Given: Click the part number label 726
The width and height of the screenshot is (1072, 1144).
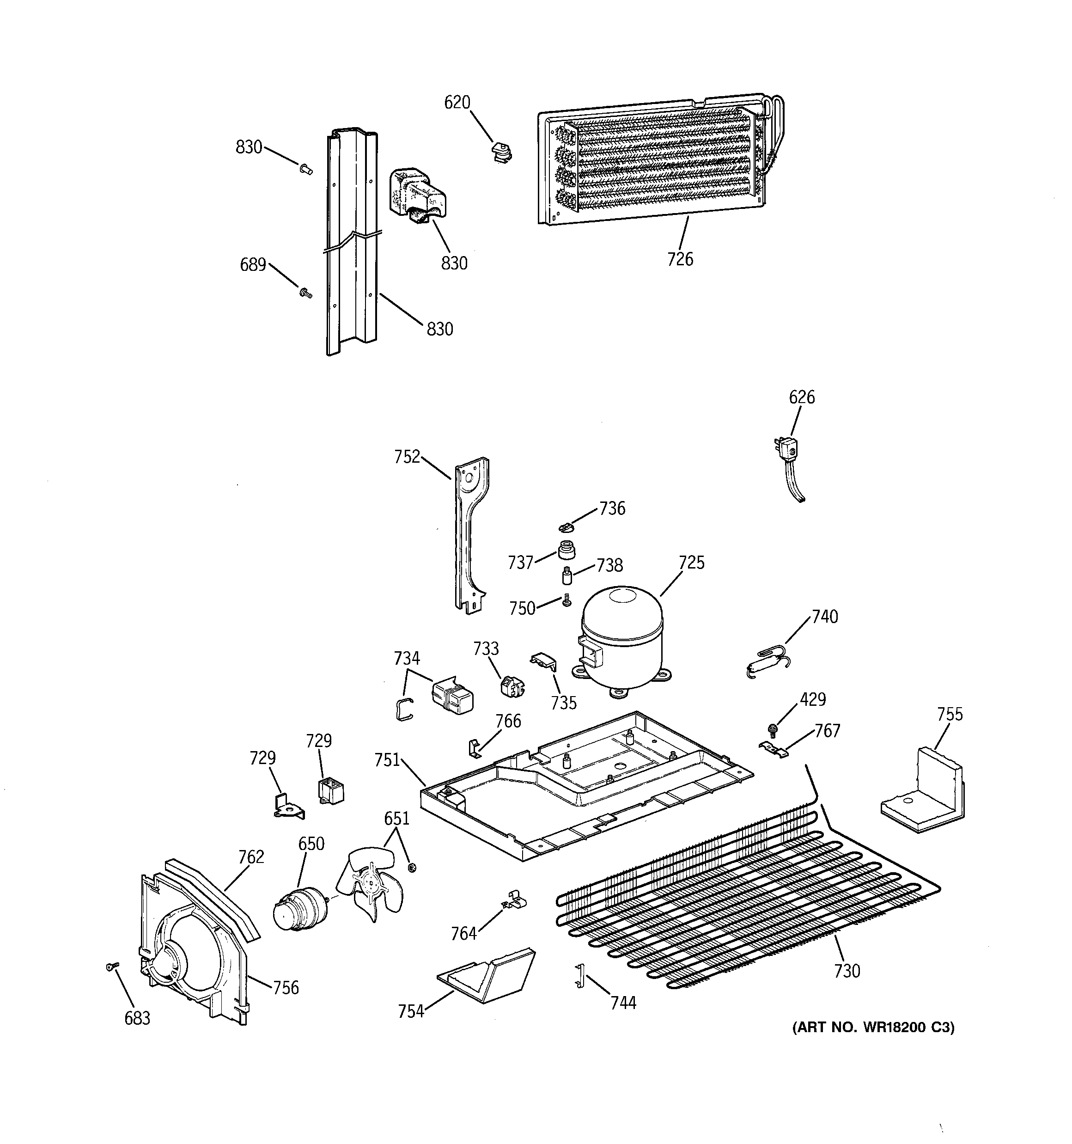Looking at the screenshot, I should (x=680, y=259).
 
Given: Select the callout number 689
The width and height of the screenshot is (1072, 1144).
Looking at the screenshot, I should (x=253, y=265).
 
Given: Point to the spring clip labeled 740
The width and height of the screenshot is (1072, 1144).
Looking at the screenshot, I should (x=768, y=660).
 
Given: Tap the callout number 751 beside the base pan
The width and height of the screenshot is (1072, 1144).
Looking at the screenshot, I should (x=387, y=760).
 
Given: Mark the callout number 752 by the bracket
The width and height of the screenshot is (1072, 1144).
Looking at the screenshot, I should (x=407, y=457).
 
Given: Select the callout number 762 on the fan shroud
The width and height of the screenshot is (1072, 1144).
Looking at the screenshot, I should (x=251, y=857).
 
